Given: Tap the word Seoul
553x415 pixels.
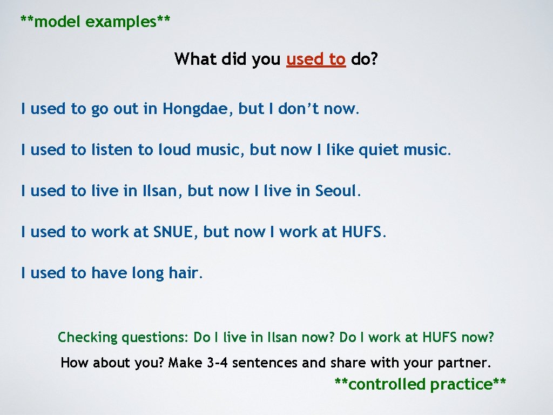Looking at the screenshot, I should (x=336, y=191).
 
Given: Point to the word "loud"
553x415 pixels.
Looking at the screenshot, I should (x=175, y=150).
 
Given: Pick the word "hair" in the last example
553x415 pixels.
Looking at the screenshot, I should (x=184, y=273).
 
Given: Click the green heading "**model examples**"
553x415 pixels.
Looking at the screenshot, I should (x=96, y=22).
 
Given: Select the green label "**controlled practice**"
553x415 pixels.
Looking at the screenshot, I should (x=420, y=384).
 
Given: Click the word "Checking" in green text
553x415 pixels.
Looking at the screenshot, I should (x=87, y=338).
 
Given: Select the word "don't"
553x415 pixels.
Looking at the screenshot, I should (x=299, y=109).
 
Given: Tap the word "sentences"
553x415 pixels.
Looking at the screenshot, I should (x=265, y=363).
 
